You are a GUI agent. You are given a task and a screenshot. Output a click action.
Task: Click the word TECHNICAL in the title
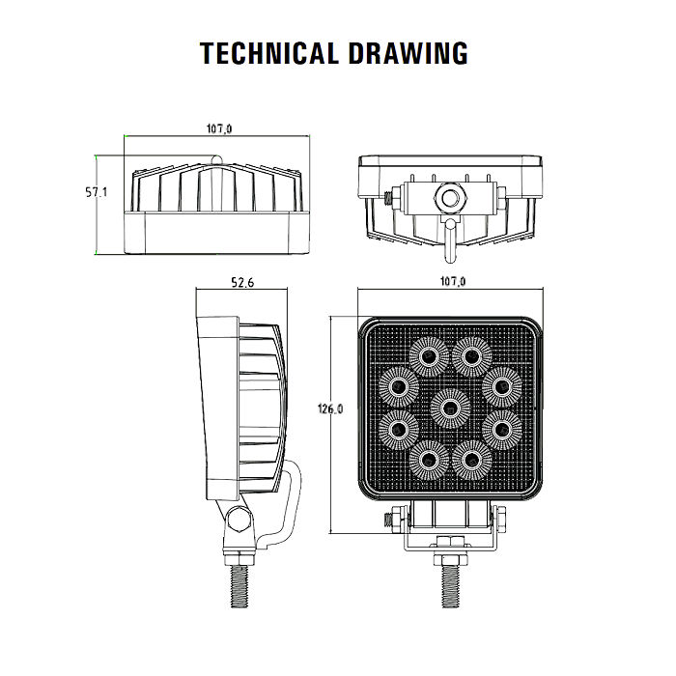[268, 53]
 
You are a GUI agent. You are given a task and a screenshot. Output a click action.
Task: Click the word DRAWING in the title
[408, 53]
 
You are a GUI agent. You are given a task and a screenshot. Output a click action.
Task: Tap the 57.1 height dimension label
[96, 192]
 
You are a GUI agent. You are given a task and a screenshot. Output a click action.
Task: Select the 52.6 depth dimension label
[242, 282]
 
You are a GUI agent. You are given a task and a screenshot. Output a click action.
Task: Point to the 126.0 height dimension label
[330, 408]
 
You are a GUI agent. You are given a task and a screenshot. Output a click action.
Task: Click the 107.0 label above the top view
[219, 128]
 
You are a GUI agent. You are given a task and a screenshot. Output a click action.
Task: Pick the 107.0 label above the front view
[453, 282]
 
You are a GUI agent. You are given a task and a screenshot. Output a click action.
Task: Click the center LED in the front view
[450, 408]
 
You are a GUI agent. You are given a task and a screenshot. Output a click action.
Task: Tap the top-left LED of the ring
[429, 356]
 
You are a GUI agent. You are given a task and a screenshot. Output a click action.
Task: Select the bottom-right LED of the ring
[471, 460]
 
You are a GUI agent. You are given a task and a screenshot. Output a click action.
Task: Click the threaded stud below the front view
[450, 586]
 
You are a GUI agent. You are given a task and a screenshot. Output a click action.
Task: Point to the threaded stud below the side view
[239, 586]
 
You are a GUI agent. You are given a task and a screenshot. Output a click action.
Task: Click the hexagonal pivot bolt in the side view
[238, 520]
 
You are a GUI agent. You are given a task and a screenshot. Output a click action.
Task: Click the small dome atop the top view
[216, 160]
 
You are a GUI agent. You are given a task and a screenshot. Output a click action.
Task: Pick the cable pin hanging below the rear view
[450, 240]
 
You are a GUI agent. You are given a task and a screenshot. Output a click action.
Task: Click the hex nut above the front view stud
[450, 559]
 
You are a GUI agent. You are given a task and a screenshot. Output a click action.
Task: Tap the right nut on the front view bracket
[501, 520]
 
